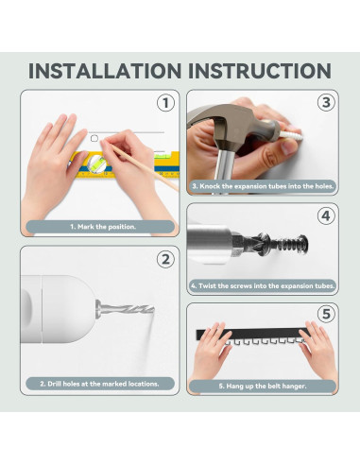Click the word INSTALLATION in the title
(x=105, y=71)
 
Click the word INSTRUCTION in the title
(x=260, y=71)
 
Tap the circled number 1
(x=165, y=103)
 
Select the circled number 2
(x=165, y=260)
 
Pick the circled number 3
(x=326, y=102)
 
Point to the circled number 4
(x=326, y=215)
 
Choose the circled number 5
(x=326, y=314)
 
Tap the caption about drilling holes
(x=99, y=384)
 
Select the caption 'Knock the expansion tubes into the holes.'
(x=263, y=186)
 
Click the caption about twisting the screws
(x=263, y=286)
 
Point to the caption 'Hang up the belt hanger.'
(x=263, y=386)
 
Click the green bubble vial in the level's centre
(x=96, y=164)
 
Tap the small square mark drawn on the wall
(x=94, y=138)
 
